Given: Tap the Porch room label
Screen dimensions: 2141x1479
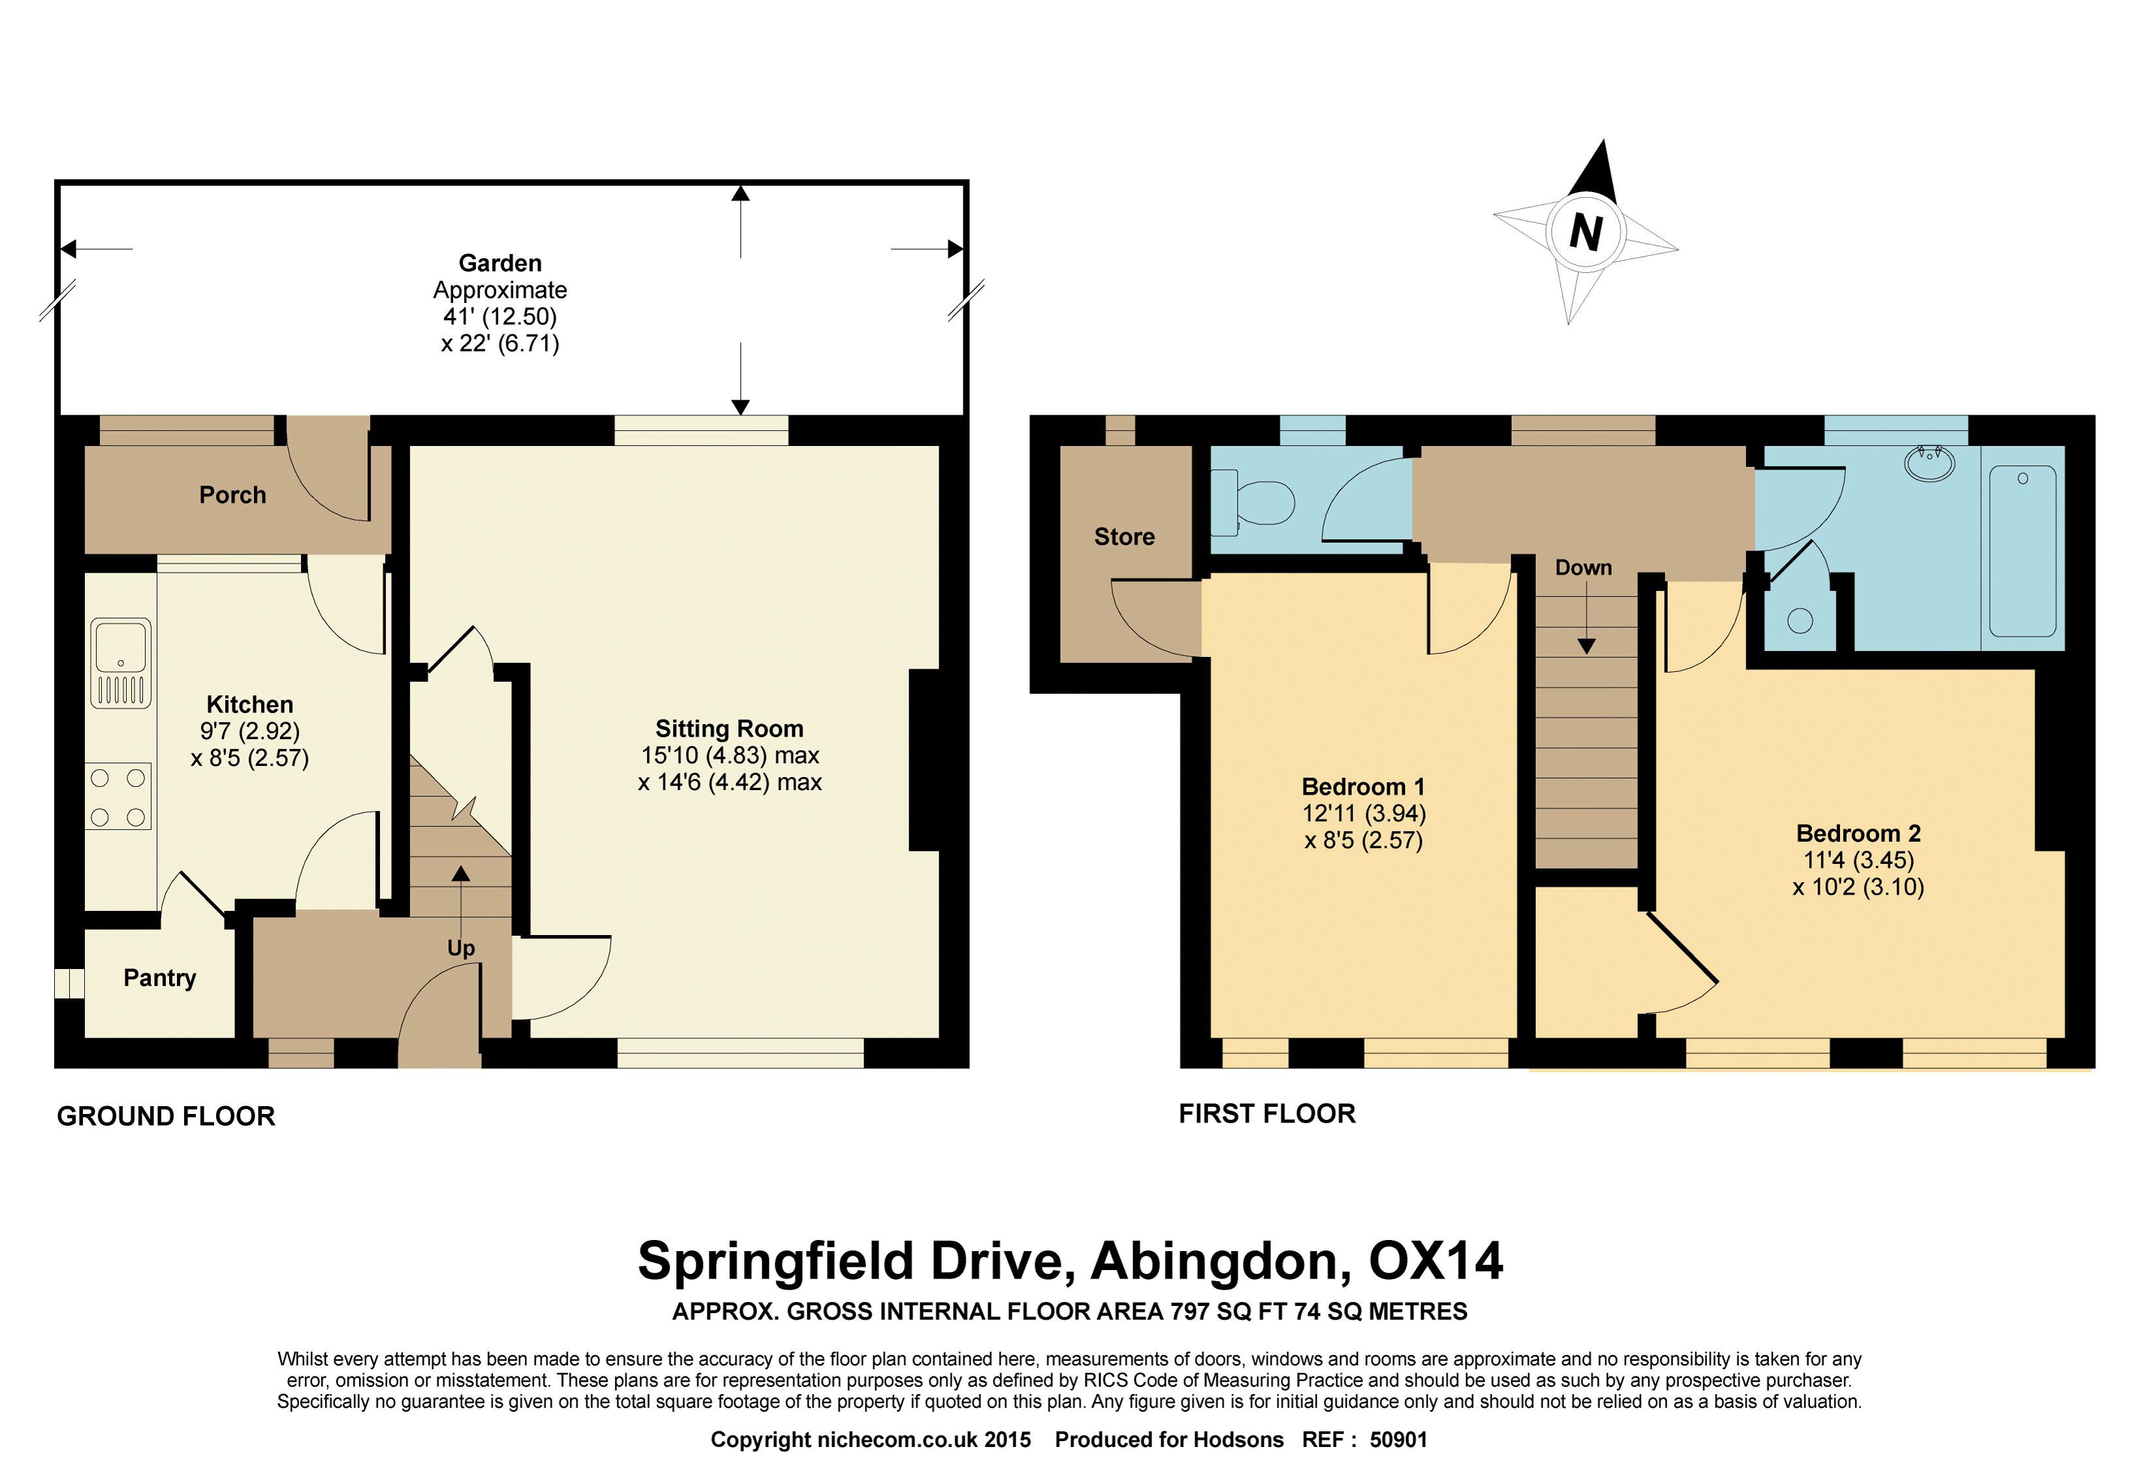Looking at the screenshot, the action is click(232, 495).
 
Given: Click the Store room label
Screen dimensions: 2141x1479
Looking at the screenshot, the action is click(1124, 537).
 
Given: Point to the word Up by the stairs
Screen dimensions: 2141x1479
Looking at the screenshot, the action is click(460, 948).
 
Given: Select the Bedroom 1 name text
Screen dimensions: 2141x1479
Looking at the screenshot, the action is click(1363, 787).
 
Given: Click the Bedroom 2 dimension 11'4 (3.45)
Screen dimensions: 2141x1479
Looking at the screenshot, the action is click(1858, 860).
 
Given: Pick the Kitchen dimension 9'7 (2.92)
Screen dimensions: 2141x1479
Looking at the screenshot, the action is click(250, 731).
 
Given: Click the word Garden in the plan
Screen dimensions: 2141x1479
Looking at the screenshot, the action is click(500, 263).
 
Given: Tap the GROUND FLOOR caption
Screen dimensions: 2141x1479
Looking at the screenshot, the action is click(166, 1116).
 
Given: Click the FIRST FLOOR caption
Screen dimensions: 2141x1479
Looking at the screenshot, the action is click(1266, 1113).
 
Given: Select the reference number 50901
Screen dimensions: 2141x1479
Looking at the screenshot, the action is click(1399, 1439).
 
